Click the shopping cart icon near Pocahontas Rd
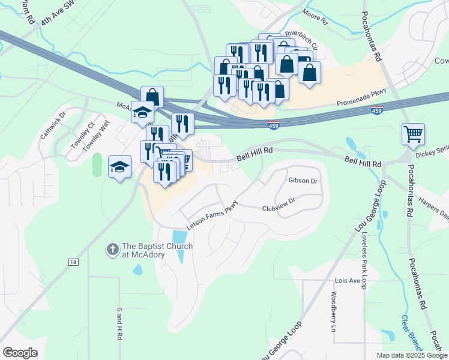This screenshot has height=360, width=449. [413, 135]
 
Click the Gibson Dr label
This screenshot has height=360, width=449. [303, 181]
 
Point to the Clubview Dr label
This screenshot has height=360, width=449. [279, 205]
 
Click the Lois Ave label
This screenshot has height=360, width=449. [347, 281]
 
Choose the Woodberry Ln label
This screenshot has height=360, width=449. [334, 311]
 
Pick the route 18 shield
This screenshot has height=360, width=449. [73, 262]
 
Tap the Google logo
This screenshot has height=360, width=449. [20, 353]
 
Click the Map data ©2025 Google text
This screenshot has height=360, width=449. [411, 355]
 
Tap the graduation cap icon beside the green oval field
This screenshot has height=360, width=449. [119, 166]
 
